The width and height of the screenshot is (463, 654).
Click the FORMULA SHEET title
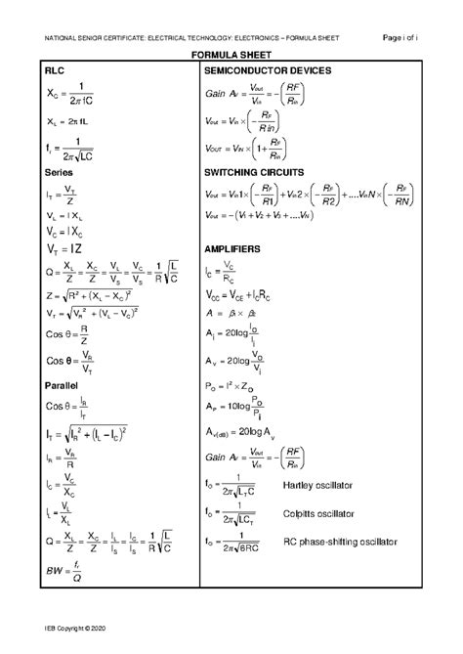231,57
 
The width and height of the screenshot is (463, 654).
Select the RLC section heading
56,72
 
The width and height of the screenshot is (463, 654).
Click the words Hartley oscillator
317,486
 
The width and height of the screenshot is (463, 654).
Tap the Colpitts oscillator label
318,513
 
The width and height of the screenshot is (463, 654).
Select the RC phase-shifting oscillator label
341,541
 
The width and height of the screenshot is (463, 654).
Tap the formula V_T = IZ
63,249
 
